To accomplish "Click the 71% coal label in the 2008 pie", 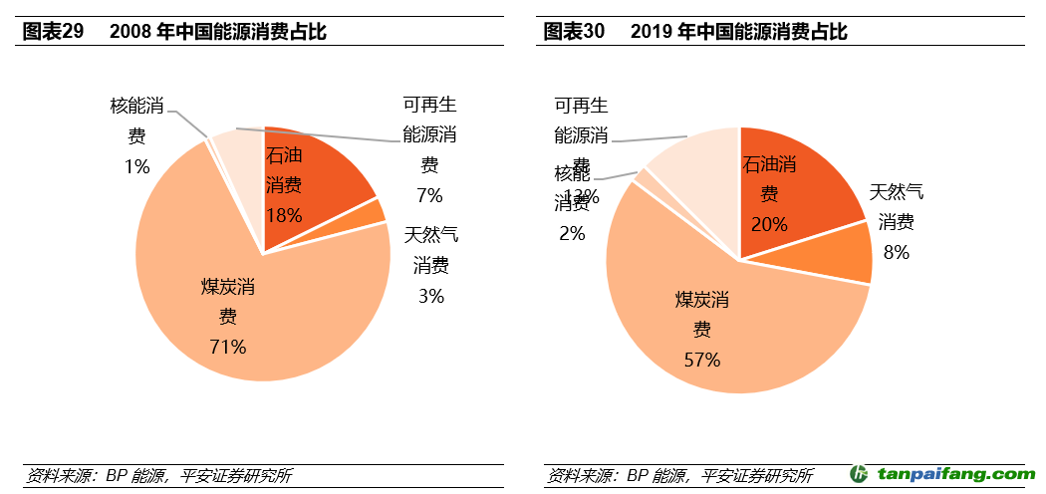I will pyautogui.click(x=227, y=347).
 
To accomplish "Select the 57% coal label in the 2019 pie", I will pyautogui.click(x=701, y=360).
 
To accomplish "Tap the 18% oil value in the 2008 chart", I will pyautogui.click(x=284, y=214).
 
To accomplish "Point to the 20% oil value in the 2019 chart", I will pyautogui.click(x=769, y=224).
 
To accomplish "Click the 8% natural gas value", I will pyautogui.click(x=897, y=252).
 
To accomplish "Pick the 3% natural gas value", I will pyautogui.click(x=430, y=296).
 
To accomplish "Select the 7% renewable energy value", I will pyautogui.click(x=430, y=194).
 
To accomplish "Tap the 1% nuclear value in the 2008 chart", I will pyautogui.click(x=136, y=166).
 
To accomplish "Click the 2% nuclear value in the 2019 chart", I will pyautogui.click(x=572, y=234).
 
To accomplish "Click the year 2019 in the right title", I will pyautogui.click(x=652, y=32).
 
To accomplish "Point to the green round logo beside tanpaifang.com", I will pyautogui.click(x=860, y=475).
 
